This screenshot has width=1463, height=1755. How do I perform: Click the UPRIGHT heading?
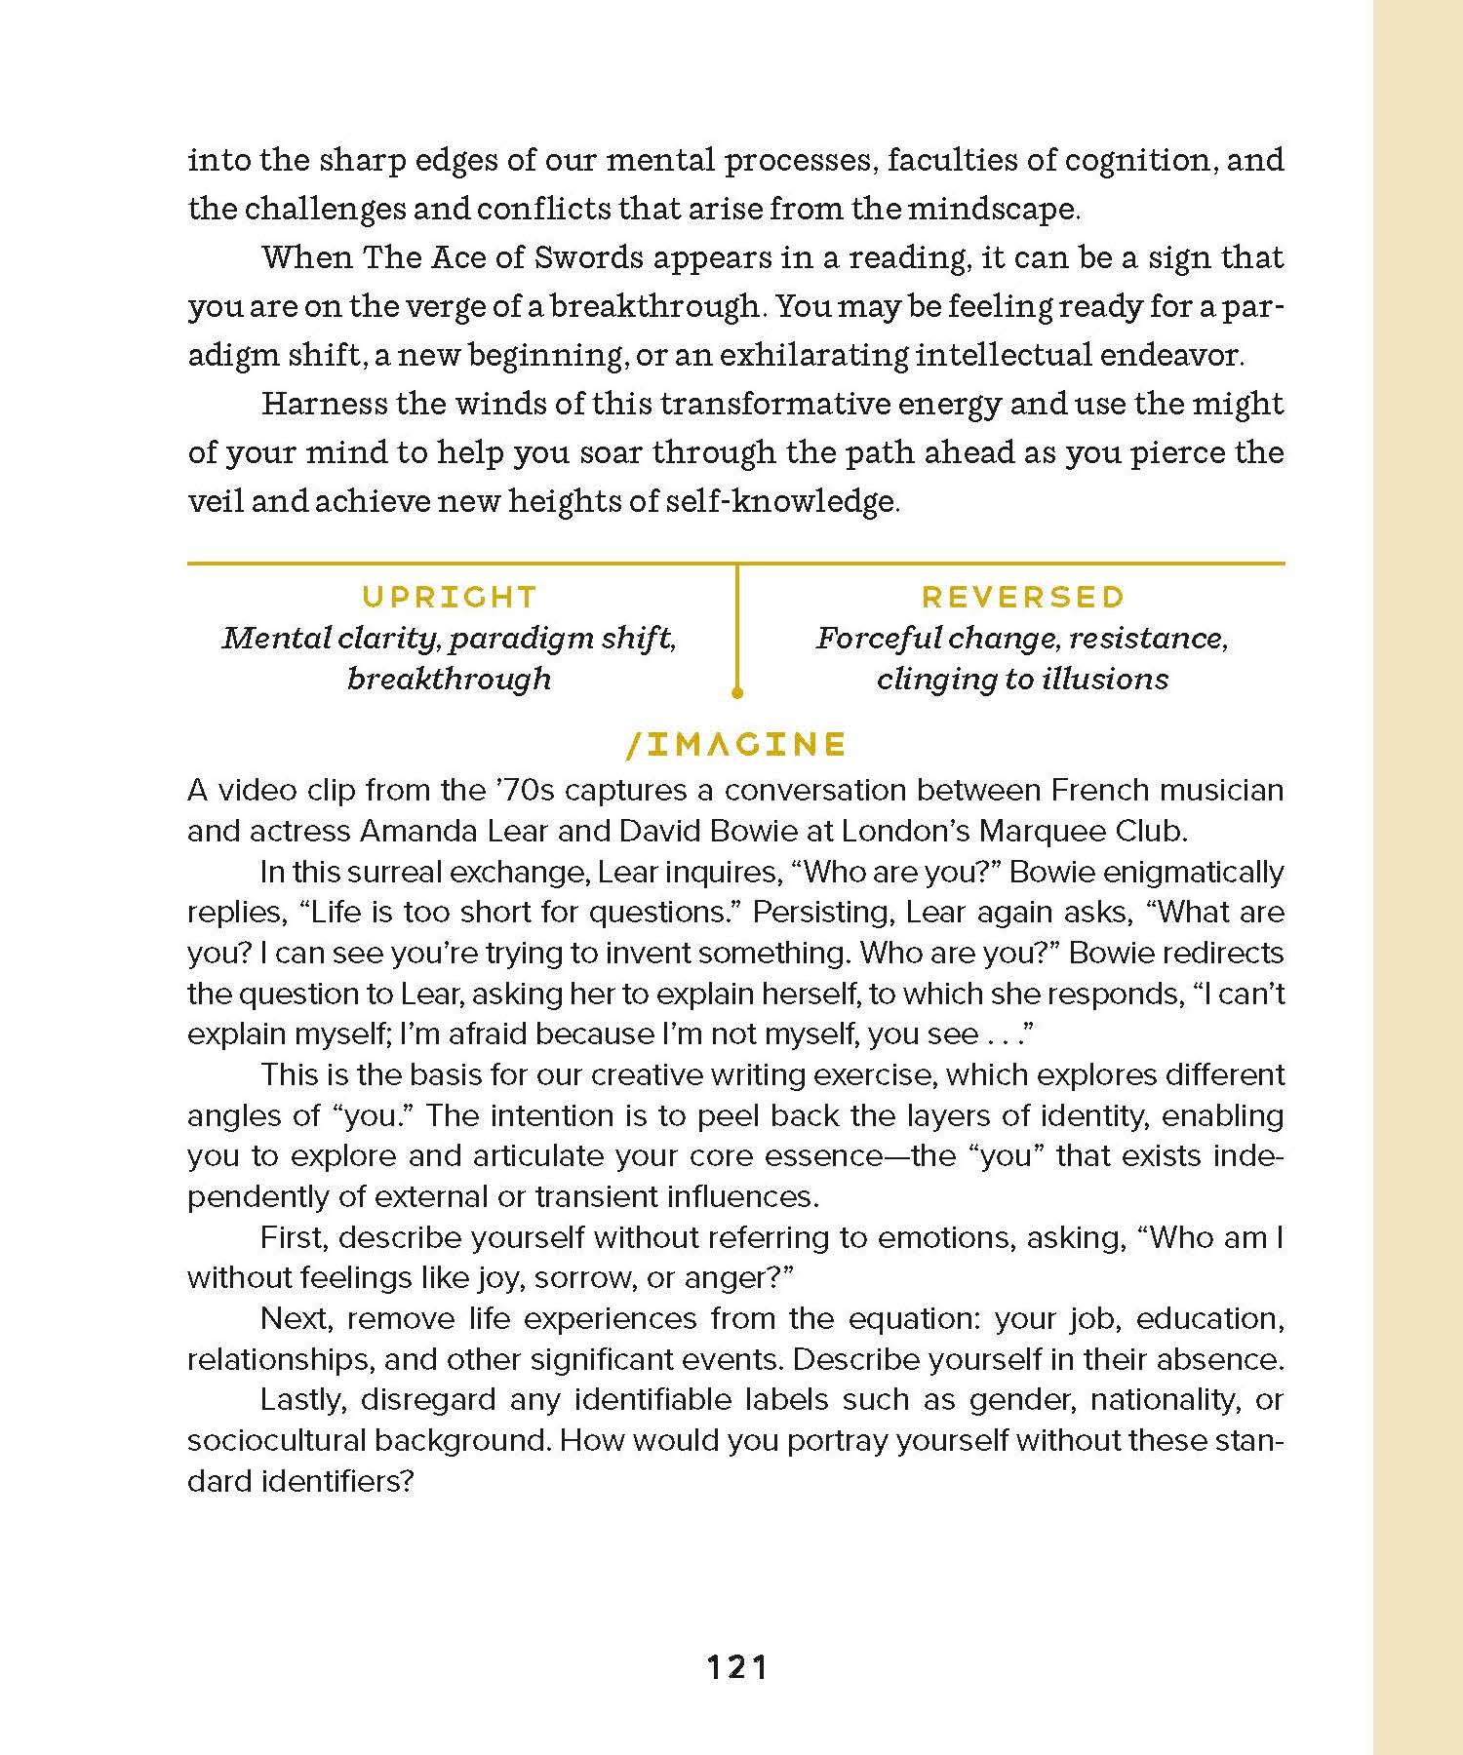pos(449,597)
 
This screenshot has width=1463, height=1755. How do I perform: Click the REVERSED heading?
pos(1023,597)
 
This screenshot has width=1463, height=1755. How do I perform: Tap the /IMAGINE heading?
pos(736,745)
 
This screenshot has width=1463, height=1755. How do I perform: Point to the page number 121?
pos(737,1667)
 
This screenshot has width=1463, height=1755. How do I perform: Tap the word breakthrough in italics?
pos(449,679)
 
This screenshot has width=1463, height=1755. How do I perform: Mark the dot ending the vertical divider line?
pos(737,693)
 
